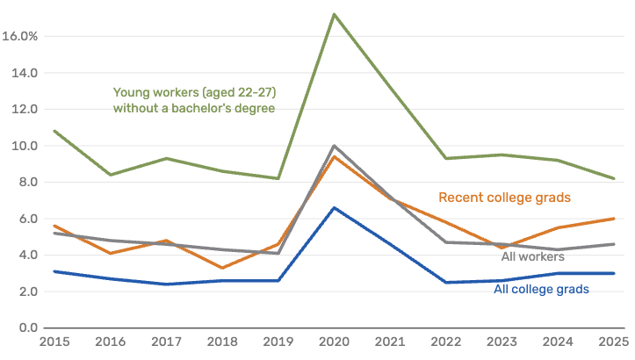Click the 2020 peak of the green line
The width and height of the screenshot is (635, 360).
pos(334,14)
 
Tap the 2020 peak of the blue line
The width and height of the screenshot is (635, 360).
pos(334,207)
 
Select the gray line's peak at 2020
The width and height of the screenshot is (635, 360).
pos(334,146)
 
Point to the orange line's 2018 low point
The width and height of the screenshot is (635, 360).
pos(222,268)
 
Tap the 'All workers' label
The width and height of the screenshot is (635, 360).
pos(532,257)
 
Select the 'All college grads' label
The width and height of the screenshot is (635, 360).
pos(541,288)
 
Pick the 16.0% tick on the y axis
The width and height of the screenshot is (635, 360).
pos(19,37)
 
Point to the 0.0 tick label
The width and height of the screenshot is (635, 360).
pos(27,328)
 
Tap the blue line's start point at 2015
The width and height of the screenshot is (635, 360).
pos(54,271)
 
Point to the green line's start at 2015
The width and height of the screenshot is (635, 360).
pos(54,131)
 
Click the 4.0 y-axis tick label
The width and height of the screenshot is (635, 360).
pos(27,256)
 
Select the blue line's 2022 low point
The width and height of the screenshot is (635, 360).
pos(446,283)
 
